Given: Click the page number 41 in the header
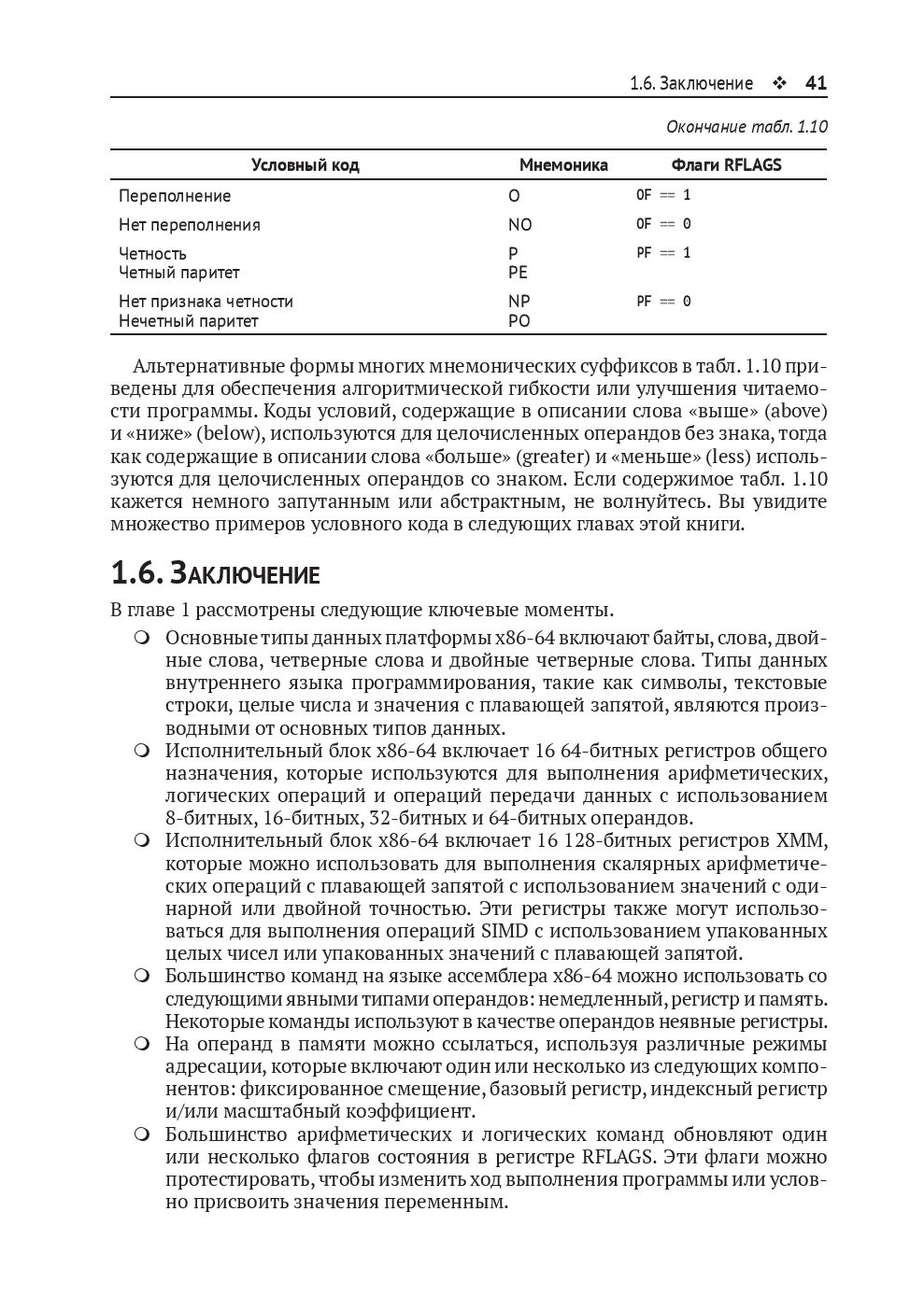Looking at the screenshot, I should tap(816, 83).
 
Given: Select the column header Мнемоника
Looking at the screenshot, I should tap(563, 165).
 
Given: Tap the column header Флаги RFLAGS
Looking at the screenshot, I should tap(726, 165).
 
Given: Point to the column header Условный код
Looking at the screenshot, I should tap(305, 165).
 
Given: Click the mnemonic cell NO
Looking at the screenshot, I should tap(519, 225).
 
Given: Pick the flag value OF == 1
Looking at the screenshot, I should tap(663, 195).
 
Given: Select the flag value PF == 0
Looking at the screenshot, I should tap(663, 302).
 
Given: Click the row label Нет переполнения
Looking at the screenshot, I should tap(190, 225).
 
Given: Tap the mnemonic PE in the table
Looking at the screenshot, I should tap(518, 273).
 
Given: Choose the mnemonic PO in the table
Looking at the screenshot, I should tap(519, 321).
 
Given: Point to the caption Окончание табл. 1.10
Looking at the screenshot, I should tap(746, 127).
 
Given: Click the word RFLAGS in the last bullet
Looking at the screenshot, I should tap(619, 1157).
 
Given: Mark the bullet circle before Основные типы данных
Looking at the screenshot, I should tap(142, 638).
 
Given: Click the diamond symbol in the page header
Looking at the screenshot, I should tap(779, 84).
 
